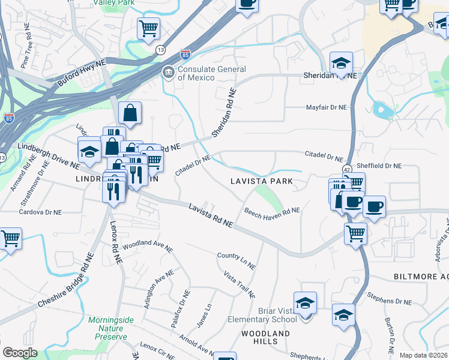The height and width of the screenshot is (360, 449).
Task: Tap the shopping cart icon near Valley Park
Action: point(148,28)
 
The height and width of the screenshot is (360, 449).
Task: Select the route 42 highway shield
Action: point(348,170)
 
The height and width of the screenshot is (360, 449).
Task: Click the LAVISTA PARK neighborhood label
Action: point(262,181)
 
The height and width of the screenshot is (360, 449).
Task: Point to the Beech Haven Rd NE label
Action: point(271,211)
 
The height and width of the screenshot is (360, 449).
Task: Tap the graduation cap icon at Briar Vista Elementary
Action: point(305,304)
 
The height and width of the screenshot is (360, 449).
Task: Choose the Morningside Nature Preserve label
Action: point(108,328)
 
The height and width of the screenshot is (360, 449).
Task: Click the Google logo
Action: point(20,353)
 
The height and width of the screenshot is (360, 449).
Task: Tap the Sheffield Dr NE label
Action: point(379,166)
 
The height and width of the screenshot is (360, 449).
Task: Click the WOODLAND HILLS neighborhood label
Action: point(265,337)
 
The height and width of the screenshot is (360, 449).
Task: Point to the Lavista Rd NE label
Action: point(210,214)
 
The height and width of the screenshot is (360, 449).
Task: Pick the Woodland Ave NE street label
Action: point(147,247)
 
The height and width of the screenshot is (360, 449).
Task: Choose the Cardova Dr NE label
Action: point(40,212)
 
